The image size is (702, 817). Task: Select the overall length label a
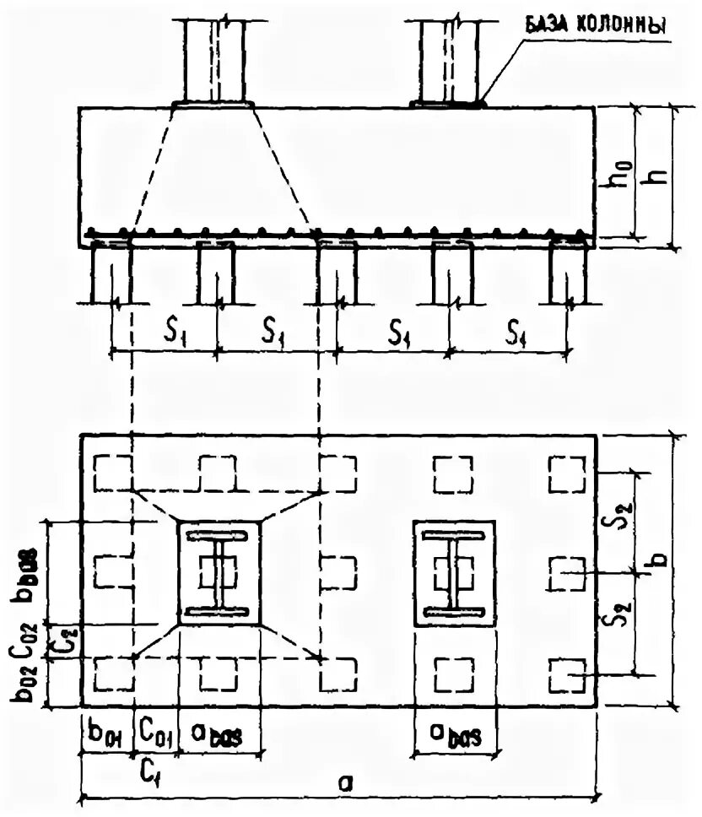pyautogui.click(x=344, y=782)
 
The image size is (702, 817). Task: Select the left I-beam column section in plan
pyautogui.click(x=219, y=573)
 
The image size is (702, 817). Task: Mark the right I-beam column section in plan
pyautogui.click(x=454, y=573)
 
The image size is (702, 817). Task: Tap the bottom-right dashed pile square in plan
pyautogui.click(x=567, y=676)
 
